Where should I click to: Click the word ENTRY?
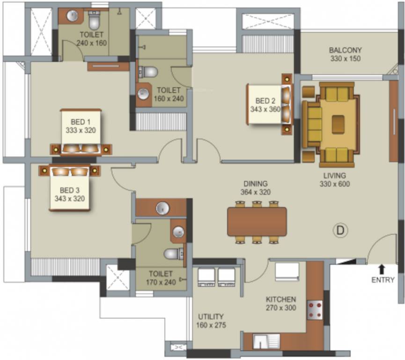pyautogui.click(x=383, y=280)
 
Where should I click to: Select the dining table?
pyautogui.click(x=257, y=221)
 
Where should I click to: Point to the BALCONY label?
pyautogui.click(x=345, y=50)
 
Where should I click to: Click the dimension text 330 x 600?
pyautogui.click(x=334, y=184)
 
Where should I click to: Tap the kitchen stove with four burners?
pyautogui.click(x=314, y=310)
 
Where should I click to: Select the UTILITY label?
pyautogui.click(x=210, y=316)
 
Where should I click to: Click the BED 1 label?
pyautogui.click(x=81, y=122)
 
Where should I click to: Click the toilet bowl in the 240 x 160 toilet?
pyautogui.click(x=94, y=21)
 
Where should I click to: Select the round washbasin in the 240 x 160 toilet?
pyautogui.click(x=72, y=16)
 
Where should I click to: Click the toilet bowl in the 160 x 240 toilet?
pyautogui.click(x=149, y=72)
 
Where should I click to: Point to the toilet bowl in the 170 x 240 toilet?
pyautogui.click(x=172, y=254)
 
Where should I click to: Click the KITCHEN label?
pyautogui.click(x=280, y=300)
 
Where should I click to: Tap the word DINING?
pyautogui.click(x=255, y=183)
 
